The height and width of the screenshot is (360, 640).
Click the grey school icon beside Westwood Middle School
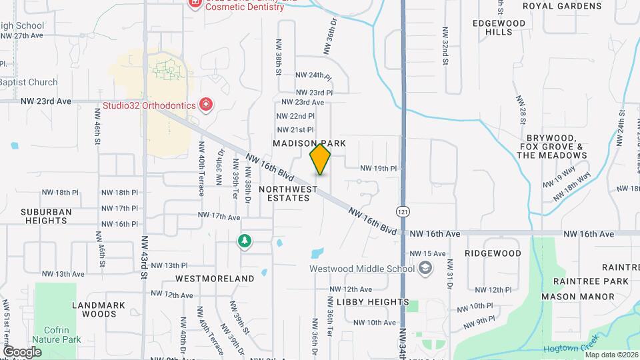(x=424, y=269)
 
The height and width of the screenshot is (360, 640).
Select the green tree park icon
(x=245, y=241)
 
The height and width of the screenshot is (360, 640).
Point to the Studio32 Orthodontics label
(x=149, y=105)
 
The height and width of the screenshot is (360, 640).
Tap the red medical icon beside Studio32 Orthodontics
(x=206, y=105)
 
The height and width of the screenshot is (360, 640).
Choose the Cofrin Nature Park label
(x=58, y=334)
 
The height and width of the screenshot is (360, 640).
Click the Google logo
(x=22, y=351)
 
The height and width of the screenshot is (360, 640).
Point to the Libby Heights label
(x=373, y=302)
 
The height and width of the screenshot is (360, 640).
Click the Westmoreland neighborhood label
(x=215, y=278)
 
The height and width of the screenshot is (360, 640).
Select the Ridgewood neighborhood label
(x=493, y=253)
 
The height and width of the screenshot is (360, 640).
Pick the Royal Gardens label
(x=562, y=6)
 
